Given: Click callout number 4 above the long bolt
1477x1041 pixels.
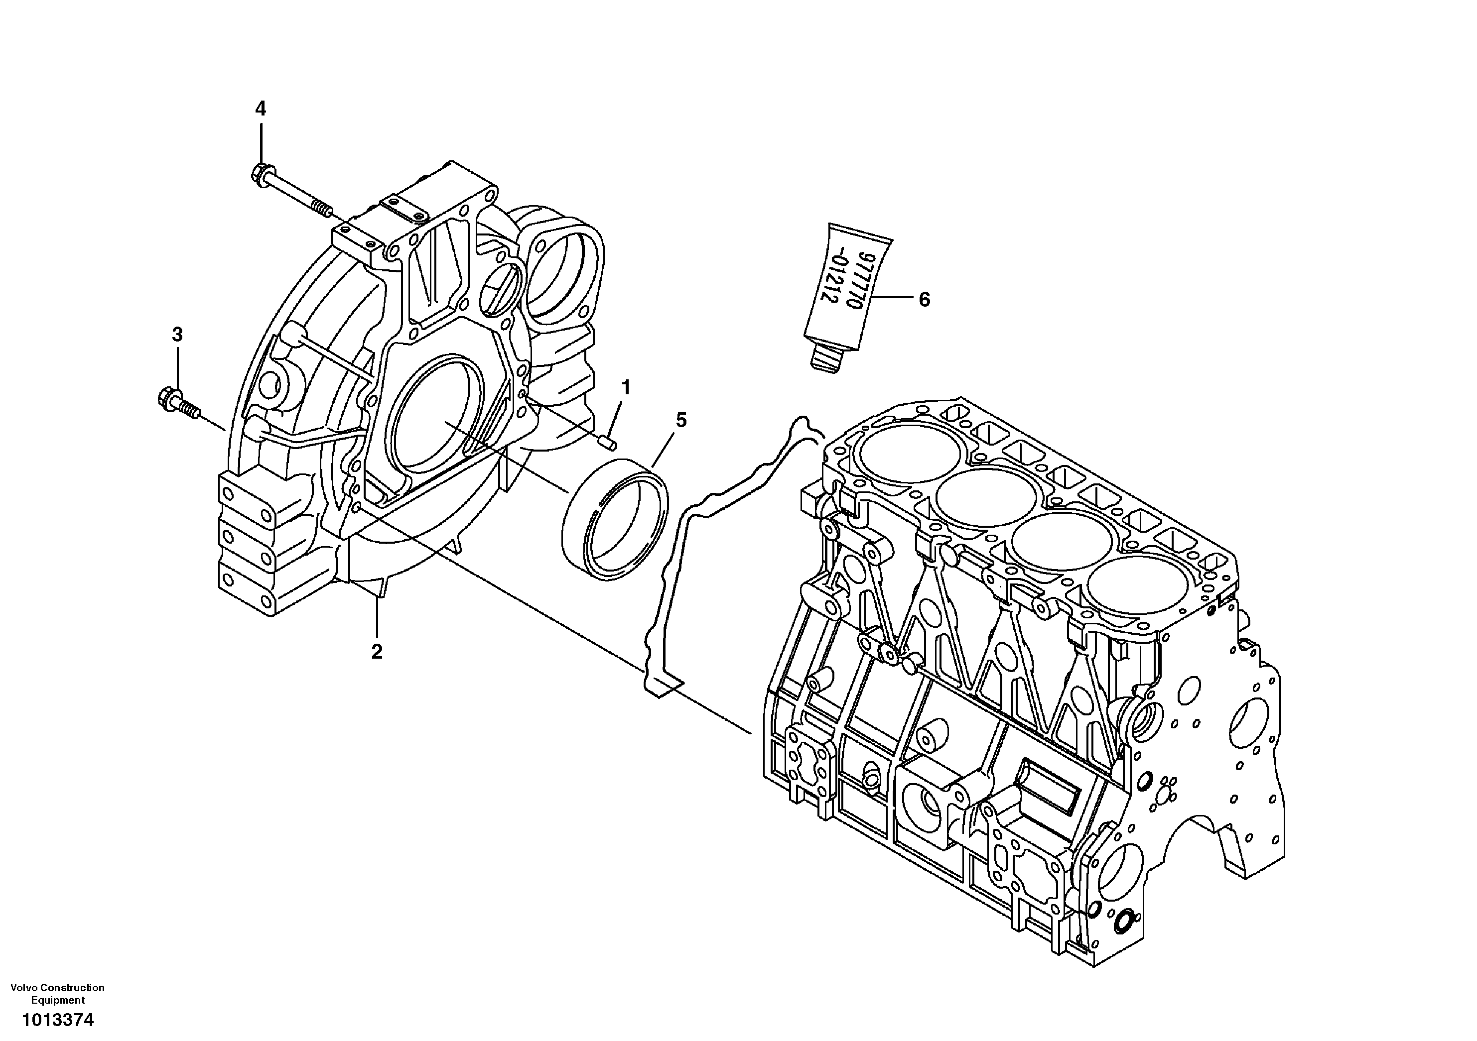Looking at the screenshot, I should pyautogui.click(x=260, y=109).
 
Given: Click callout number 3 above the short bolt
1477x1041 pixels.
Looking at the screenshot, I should pyautogui.click(x=177, y=335).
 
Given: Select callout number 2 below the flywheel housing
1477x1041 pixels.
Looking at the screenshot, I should pyautogui.click(x=377, y=651).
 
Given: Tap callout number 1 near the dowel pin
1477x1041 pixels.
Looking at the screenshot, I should pyautogui.click(x=625, y=387).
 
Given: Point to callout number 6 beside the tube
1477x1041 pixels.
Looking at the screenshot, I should pyautogui.click(x=924, y=300).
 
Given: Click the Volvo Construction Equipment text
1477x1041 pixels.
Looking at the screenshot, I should pyautogui.click(x=58, y=993).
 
